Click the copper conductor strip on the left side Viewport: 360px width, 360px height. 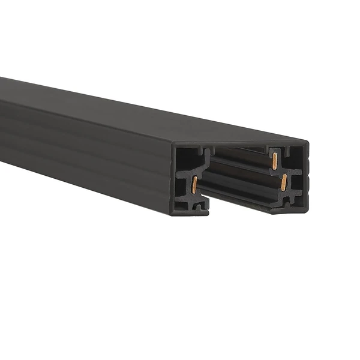pos(194,185)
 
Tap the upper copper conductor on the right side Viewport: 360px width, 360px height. pos(274,161)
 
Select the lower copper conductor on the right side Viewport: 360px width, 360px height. pos(284,182)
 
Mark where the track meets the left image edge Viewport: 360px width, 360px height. pos(2,120)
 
